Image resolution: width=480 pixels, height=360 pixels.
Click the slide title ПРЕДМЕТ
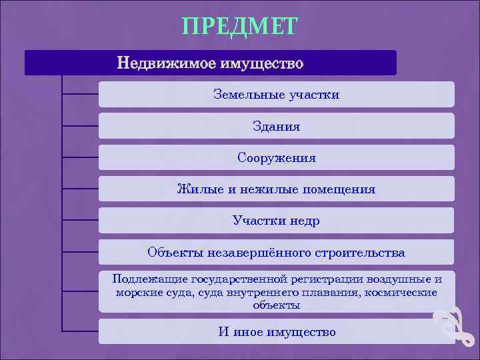(240, 27)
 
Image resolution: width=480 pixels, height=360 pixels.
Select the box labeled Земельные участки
(276, 95)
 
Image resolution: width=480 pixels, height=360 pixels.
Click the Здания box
(276, 126)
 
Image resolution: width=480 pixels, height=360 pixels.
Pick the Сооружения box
(276, 158)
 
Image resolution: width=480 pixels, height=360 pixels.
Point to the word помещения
(340, 189)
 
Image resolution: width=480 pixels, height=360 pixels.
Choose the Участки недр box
(276, 221)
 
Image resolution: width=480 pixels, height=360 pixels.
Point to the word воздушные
(397, 279)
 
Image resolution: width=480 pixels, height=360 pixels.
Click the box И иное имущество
(276, 331)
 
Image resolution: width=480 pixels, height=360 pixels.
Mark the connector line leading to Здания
(80, 126)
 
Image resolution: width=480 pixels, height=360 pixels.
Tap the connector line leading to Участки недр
(80, 221)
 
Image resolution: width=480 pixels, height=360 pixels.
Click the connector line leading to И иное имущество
(80, 331)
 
